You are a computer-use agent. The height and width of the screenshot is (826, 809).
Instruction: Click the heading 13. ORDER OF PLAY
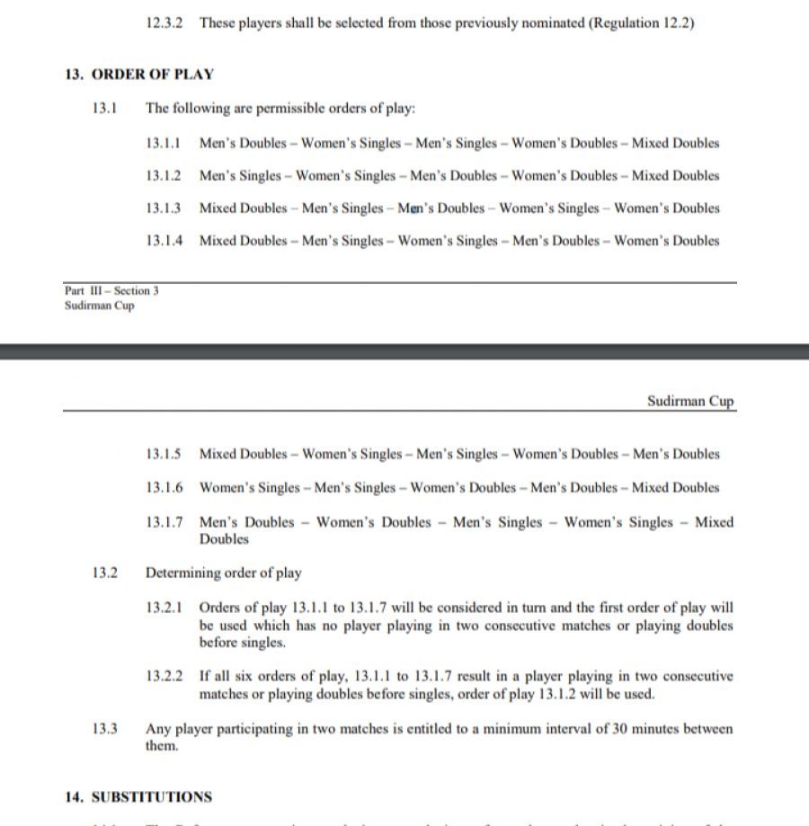pos(138,74)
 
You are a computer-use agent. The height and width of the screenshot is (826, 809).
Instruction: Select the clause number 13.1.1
pos(163,143)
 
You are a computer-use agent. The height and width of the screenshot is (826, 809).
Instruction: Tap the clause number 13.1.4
pos(163,240)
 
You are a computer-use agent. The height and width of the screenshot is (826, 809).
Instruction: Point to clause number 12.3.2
pos(163,22)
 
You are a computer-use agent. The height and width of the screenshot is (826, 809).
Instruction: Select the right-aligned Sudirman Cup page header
pos(690,401)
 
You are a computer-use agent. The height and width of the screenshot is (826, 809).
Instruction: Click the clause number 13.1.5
pos(163,454)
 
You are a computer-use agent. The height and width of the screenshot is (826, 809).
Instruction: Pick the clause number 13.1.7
pos(163,522)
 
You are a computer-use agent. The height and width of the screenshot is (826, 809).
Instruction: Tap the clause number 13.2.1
pos(163,608)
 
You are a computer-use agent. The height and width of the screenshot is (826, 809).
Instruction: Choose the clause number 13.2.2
pos(163,676)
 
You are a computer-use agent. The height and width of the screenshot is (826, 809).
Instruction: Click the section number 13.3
pos(104,729)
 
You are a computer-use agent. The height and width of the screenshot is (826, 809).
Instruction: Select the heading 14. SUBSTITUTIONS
pos(138,797)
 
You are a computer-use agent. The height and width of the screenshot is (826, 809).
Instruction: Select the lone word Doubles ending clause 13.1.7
pos(224,539)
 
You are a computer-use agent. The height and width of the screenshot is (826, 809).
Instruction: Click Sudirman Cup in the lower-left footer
pos(99,306)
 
